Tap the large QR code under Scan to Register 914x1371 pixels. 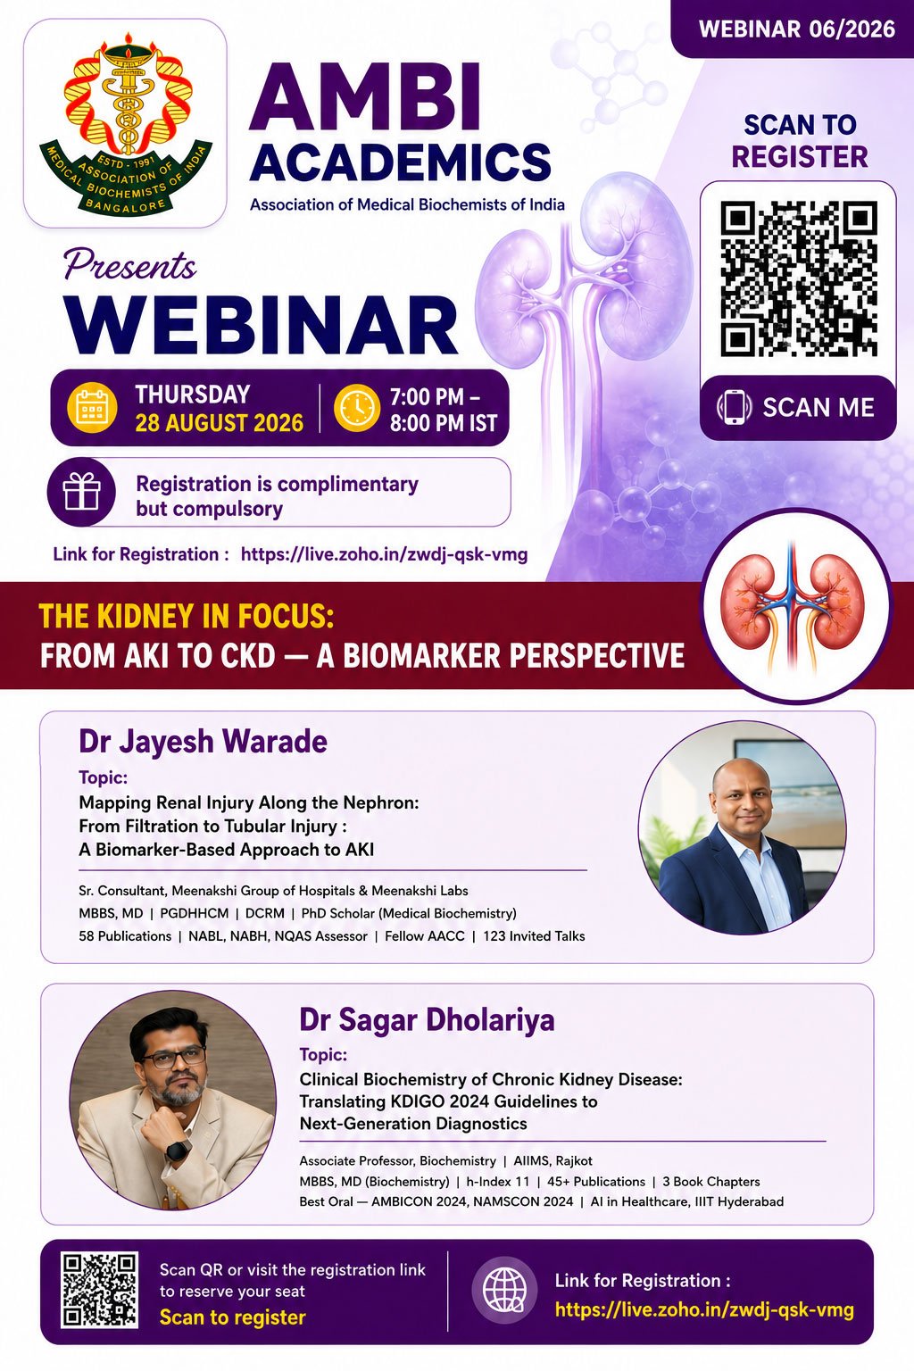coord(798,278)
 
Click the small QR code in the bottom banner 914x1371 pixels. coord(99,1290)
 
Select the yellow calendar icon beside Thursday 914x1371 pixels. coord(92,407)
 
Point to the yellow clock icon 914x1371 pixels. coord(357,408)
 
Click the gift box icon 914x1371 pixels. coord(81,492)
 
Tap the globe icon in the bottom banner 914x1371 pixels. coord(504,1290)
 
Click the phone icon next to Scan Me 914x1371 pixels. coord(734,407)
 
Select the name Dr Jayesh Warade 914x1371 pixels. coord(204,742)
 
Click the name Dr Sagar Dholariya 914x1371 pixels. coord(427,1019)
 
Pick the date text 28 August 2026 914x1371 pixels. coord(220,423)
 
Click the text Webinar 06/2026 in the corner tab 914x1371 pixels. coord(797,29)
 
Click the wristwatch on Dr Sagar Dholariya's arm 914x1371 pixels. coord(177,1150)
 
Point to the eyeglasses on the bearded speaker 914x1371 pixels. coord(174,1058)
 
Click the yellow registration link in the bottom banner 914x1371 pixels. coord(704,1309)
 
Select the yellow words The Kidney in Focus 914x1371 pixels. coord(187,616)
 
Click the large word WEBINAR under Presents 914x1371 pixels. coord(262,325)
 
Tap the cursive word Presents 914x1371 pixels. coord(130,266)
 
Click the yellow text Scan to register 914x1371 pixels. coord(233,1317)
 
